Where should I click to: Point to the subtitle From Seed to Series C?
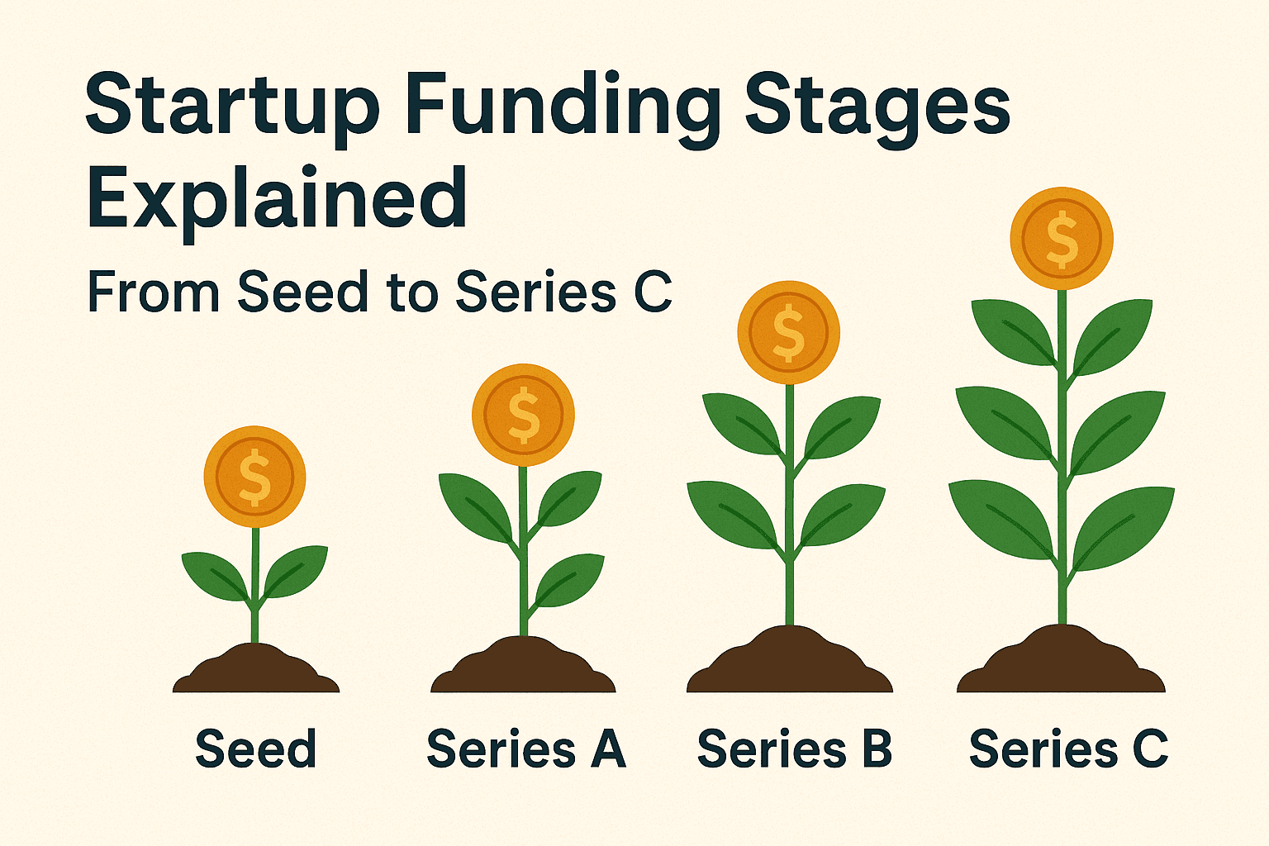[x=379, y=292]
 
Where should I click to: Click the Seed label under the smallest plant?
[x=255, y=749]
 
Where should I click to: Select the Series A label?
[x=525, y=749]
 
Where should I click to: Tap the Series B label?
[x=795, y=749]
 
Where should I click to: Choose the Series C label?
[x=1068, y=749]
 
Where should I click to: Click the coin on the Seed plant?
[x=254, y=477]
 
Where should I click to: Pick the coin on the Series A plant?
[x=523, y=415]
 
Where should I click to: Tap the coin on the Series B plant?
[x=788, y=332]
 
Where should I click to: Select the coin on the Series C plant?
[x=1062, y=239]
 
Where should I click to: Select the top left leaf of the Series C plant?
[x=1011, y=330]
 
